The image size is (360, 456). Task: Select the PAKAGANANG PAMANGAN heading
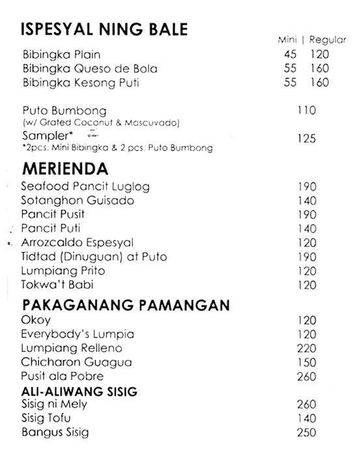(x=118, y=305)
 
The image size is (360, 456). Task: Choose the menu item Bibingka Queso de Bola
(x=90, y=68)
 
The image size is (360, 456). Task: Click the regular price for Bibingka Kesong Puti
(x=319, y=83)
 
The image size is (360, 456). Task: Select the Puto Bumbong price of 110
(x=306, y=110)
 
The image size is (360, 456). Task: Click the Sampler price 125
(x=306, y=138)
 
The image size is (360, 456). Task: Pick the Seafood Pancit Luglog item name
(x=85, y=187)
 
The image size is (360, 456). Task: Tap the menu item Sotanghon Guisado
(x=77, y=201)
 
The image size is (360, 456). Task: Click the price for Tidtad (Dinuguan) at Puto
(x=306, y=257)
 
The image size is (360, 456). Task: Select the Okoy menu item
(x=35, y=321)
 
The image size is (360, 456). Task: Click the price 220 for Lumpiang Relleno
(x=306, y=349)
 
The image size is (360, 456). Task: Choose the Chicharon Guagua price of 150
(x=306, y=362)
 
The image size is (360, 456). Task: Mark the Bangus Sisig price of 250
(x=306, y=433)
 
